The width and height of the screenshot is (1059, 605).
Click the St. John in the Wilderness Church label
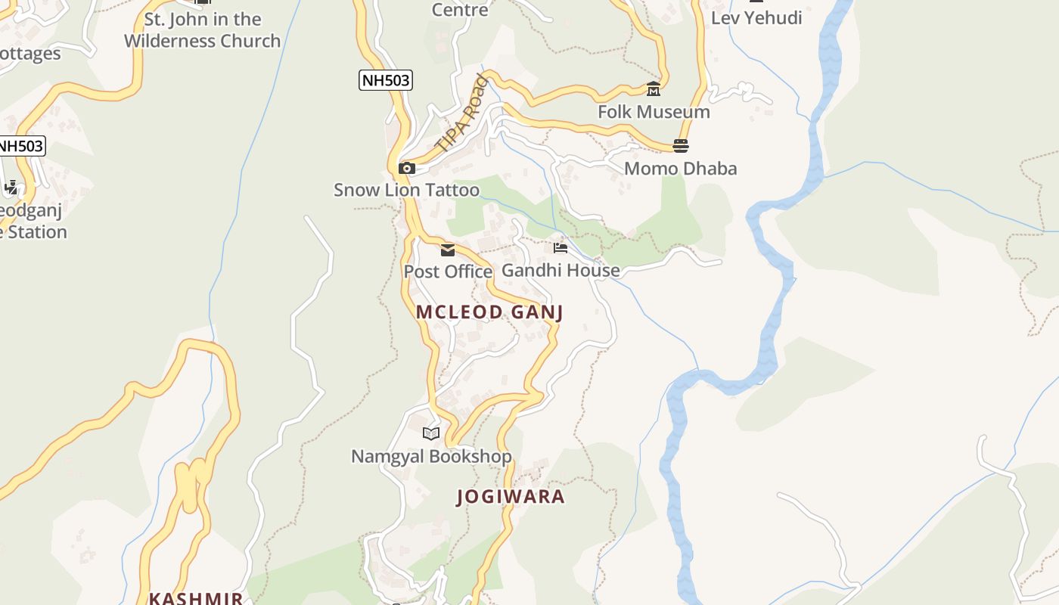pyautogui.click(x=202, y=30)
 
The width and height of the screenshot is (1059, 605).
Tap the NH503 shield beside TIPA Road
pyautogui.click(x=386, y=80)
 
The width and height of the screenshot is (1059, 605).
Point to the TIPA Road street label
pyautogui.click(x=458, y=113)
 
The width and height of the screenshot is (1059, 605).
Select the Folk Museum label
pyautogui.click(x=654, y=112)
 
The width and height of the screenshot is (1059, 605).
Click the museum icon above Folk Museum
pyautogui.click(x=654, y=89)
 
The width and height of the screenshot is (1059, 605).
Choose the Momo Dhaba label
pyautogui.click(x=680, y=168)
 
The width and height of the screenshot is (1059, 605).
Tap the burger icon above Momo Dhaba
pyautogui.click(x=681, y=145)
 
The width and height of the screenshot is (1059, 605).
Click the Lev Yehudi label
pyautogui.click(x=756, y=18)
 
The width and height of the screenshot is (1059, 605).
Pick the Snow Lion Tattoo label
pyautogui.click(x=407, y=190)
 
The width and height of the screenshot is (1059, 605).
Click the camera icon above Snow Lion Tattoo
pyautogui.click(x=407, y=168)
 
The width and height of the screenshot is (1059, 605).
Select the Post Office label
pyautogui.click(x=448, y=271)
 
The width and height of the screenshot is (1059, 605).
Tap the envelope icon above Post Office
pyautogui.click(x=448, y=250)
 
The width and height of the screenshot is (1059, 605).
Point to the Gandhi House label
pyautogui.click(x=561, y=270)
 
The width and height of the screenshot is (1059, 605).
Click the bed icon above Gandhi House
pyautogui.click(x=561, y=247)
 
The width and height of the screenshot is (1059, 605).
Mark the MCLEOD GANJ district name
pyautogui.click(x=489, y=312)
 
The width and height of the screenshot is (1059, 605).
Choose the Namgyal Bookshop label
pyautogui.click(x=431, y=456)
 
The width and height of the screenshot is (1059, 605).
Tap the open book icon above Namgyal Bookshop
pyautogui.click(x=431, y=433)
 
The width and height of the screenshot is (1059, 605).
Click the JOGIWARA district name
pyautogui.click(x=511, y=497)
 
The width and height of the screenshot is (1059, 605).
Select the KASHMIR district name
pyautogui.click(x=196, y=598)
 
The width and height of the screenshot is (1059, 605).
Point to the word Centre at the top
pyautogui.click(x=460, y=10)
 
